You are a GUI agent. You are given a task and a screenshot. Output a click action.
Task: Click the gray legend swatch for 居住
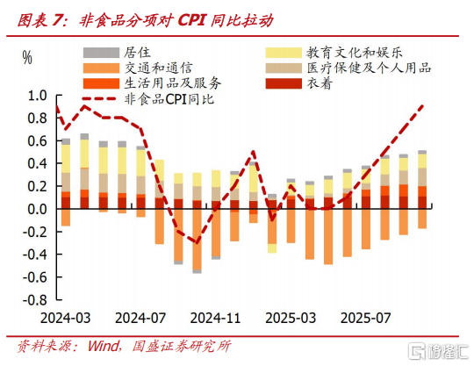[101, 53]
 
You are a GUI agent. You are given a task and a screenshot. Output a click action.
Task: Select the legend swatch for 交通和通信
[101, 68]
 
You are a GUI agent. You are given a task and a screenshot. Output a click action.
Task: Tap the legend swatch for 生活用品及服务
[101, 83]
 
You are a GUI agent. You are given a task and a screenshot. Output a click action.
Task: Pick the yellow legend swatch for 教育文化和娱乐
[284, 53]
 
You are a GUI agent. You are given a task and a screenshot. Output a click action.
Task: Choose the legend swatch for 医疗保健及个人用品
[284, 68]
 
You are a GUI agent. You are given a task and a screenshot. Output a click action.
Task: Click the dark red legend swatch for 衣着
[284, 83]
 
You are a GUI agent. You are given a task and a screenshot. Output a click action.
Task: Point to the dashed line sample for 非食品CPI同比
[99, 98]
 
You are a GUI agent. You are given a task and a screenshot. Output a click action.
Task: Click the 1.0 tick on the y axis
[38, 96]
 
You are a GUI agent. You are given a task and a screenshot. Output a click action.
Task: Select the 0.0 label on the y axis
[38, 209]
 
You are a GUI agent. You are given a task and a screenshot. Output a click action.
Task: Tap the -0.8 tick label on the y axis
[35, 300]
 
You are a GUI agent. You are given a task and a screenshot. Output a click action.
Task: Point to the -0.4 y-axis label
[35, 255]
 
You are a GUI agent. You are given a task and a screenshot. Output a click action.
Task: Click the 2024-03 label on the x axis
[66, 318]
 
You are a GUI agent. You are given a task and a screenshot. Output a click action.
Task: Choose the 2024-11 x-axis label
[216, 318]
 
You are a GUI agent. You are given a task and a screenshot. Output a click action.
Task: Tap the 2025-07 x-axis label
[366, 318]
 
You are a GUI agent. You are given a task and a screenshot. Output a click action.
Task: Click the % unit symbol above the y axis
[27, 57]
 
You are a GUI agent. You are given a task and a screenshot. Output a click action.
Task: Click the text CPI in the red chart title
[192, 20]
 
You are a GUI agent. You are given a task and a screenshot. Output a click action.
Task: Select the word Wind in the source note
[104, 346]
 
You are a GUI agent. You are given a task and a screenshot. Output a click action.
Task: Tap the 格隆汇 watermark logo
[438, 351]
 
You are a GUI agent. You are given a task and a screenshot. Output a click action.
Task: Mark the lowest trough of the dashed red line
[197, 243]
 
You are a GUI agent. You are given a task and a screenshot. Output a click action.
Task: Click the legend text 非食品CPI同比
[169, 99]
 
